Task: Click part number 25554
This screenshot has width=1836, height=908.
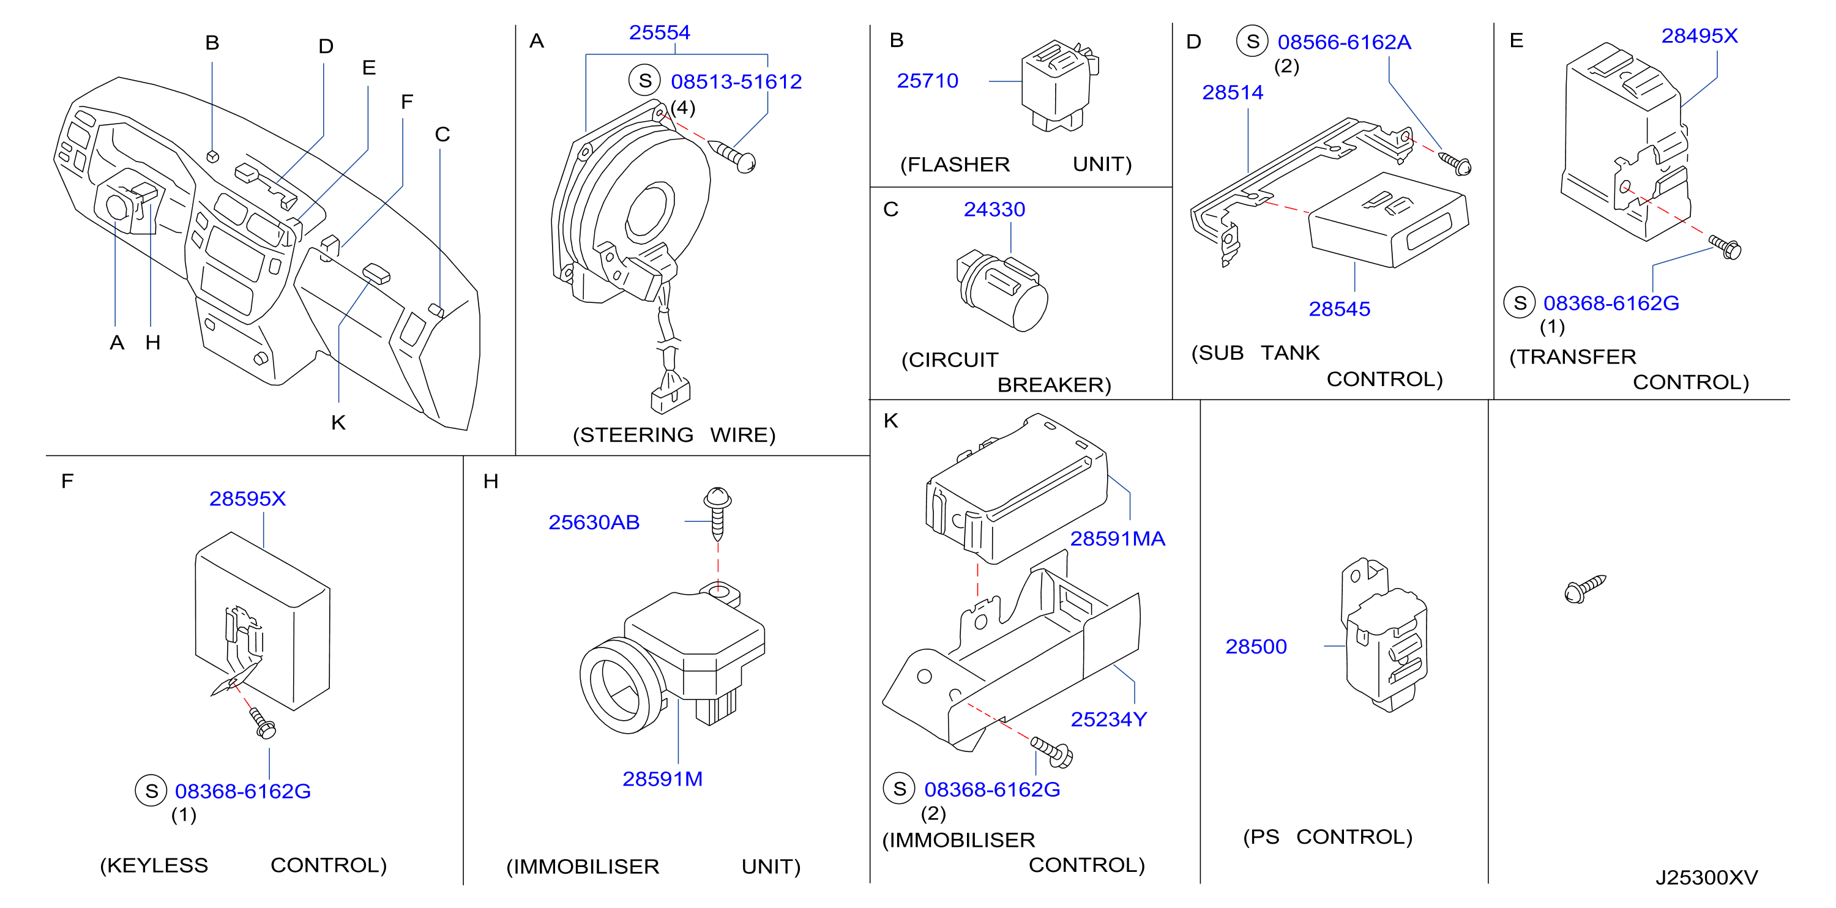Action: pos(659,33)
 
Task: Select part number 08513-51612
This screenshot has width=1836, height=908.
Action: pos(736,82)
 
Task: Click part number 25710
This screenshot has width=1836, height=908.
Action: pos(927,81)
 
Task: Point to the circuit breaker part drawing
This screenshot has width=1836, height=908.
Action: pos(1002,290)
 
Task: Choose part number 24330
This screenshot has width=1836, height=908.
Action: pos(994,209)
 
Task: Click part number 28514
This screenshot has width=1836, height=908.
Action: pos(1233,92)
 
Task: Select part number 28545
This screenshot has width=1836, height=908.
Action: pos(1339,310)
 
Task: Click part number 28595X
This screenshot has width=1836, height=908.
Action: pos(247,499)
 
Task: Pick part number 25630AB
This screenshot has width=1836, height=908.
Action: pos(594,523)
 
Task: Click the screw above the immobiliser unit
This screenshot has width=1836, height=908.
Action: pos(718,513)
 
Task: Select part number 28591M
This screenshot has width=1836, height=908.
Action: pos(662,779)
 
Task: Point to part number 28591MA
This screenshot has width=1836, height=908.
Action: pos(1118,539)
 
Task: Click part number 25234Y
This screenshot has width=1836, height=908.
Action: pos(1109,720)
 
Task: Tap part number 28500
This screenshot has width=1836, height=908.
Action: pos(1256,647)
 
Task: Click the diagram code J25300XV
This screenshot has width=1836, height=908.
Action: pos(1706,877)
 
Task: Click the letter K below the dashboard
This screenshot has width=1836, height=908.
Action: pos(338,423)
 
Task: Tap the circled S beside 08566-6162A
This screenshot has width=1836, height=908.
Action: pos(1252,42)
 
